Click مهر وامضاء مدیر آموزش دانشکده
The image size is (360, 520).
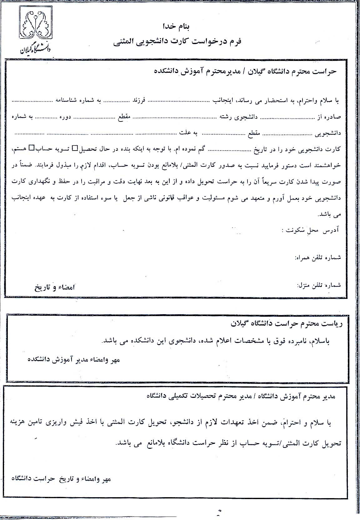[74, 360]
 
